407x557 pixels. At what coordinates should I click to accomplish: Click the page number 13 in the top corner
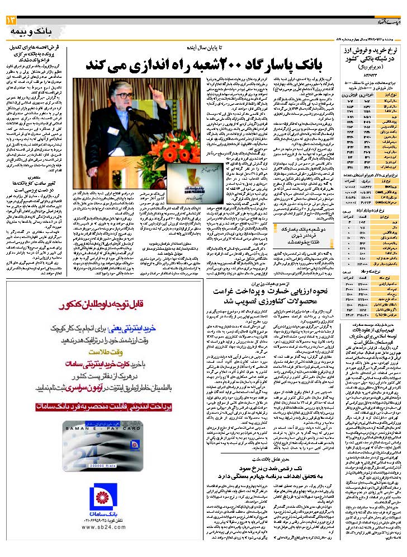coord(12,20)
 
